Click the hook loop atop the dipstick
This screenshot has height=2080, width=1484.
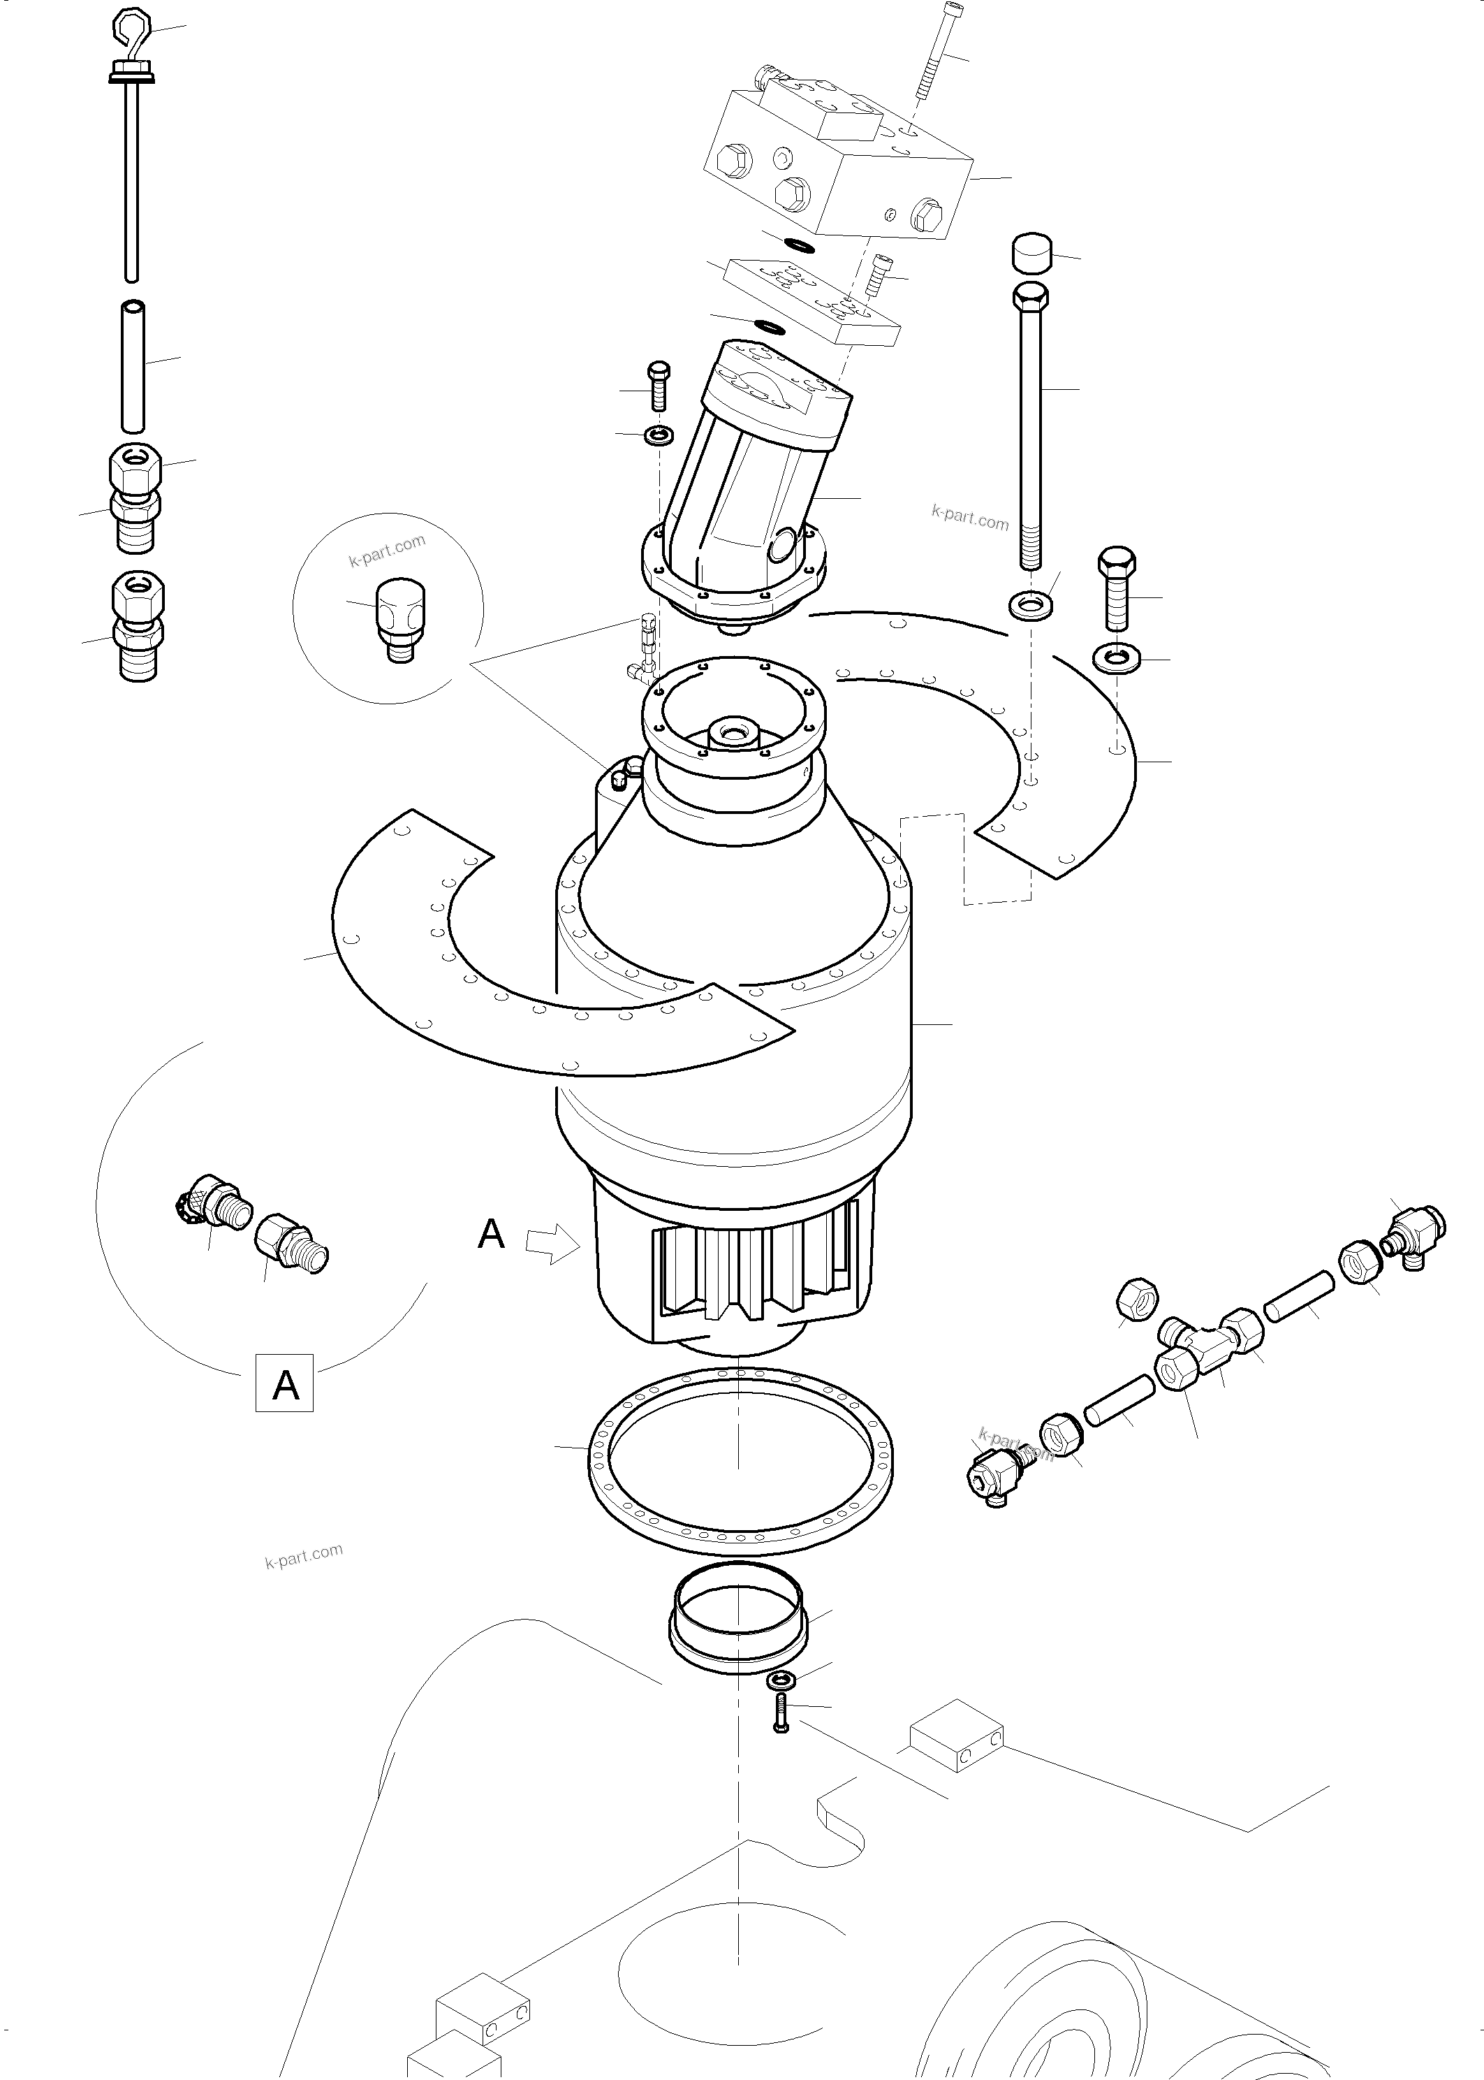coord(130,29)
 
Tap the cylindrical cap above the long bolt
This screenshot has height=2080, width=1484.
coord(1031,252)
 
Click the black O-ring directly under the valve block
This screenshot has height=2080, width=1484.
coord(800,244)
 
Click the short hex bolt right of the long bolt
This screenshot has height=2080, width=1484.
coord(1117,587)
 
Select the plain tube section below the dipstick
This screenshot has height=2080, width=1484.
coord(133,364)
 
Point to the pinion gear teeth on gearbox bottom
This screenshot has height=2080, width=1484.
coord(740,1275)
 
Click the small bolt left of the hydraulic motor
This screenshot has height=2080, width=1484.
coord(658,386)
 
